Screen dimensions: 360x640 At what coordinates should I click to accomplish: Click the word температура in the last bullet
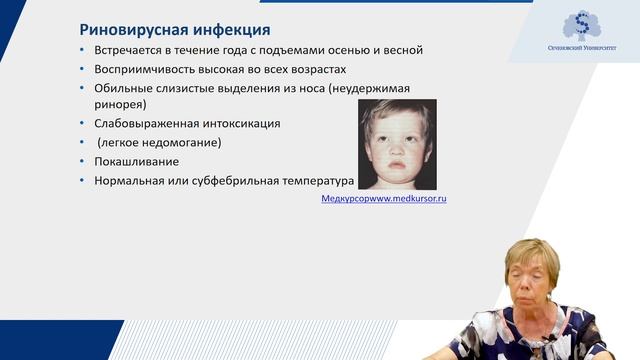pyautogui.click(x=318, y=181)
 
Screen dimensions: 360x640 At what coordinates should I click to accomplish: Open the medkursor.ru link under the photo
pyautogui.click(x=383, y=199)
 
